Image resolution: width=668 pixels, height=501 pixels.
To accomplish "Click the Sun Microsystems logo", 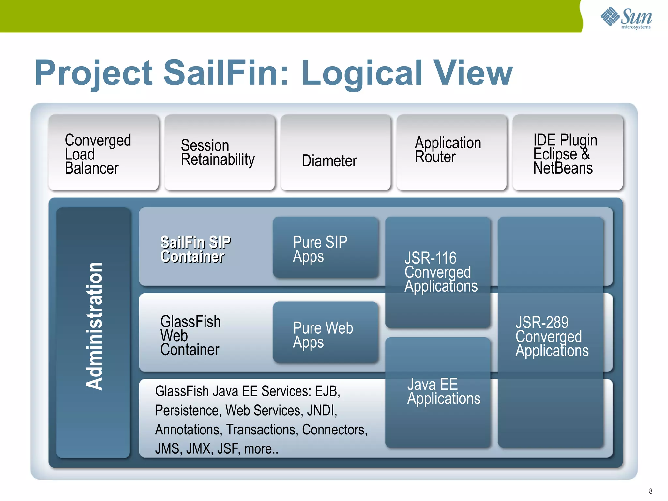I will coord(626,18).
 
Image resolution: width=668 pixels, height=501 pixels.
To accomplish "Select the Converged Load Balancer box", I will coord(104,153).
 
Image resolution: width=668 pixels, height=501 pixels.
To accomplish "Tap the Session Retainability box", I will coord(220,153).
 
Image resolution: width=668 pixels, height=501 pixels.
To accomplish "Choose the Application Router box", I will coord(451,152).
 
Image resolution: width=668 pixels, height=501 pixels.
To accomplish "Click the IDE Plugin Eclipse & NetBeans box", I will coord(567,153).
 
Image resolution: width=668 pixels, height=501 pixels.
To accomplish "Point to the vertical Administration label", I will coord(94,326).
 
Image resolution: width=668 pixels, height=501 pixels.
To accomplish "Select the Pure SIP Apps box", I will coord(326,248).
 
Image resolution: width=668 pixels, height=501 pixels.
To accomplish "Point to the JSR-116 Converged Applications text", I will coord(440,272).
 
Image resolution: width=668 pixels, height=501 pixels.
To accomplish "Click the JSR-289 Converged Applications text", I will coord(551,336).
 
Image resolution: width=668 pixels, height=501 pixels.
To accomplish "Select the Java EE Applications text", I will coord(443,391).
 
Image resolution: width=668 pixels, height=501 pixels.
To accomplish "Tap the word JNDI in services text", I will coord(321,410).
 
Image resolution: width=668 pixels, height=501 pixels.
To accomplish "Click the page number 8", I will coord(650,491).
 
